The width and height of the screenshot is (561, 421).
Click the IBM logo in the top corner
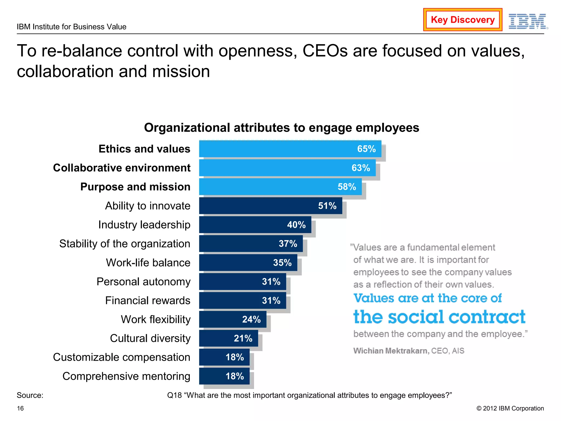pos(528,21)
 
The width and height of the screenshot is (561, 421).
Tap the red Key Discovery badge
pos(463,20)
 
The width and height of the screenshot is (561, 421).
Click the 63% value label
pos(361,168)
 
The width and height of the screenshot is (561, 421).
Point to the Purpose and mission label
pos(135,187)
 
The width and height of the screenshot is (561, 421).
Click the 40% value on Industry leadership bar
pos(296,225)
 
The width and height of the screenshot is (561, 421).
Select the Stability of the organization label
pos(125,244)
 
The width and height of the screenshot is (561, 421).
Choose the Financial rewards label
pos(148,300)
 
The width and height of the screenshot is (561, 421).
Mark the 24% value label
pos(251,319)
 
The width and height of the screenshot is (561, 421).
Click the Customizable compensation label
pos(121,357)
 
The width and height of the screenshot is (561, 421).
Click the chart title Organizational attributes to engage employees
pos(282,128)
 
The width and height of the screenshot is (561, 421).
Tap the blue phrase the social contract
pos(439,317)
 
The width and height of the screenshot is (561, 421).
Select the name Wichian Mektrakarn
pos(391,351)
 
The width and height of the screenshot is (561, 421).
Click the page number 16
pos(20,408)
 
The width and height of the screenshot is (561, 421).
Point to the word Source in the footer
pos(30,395)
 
